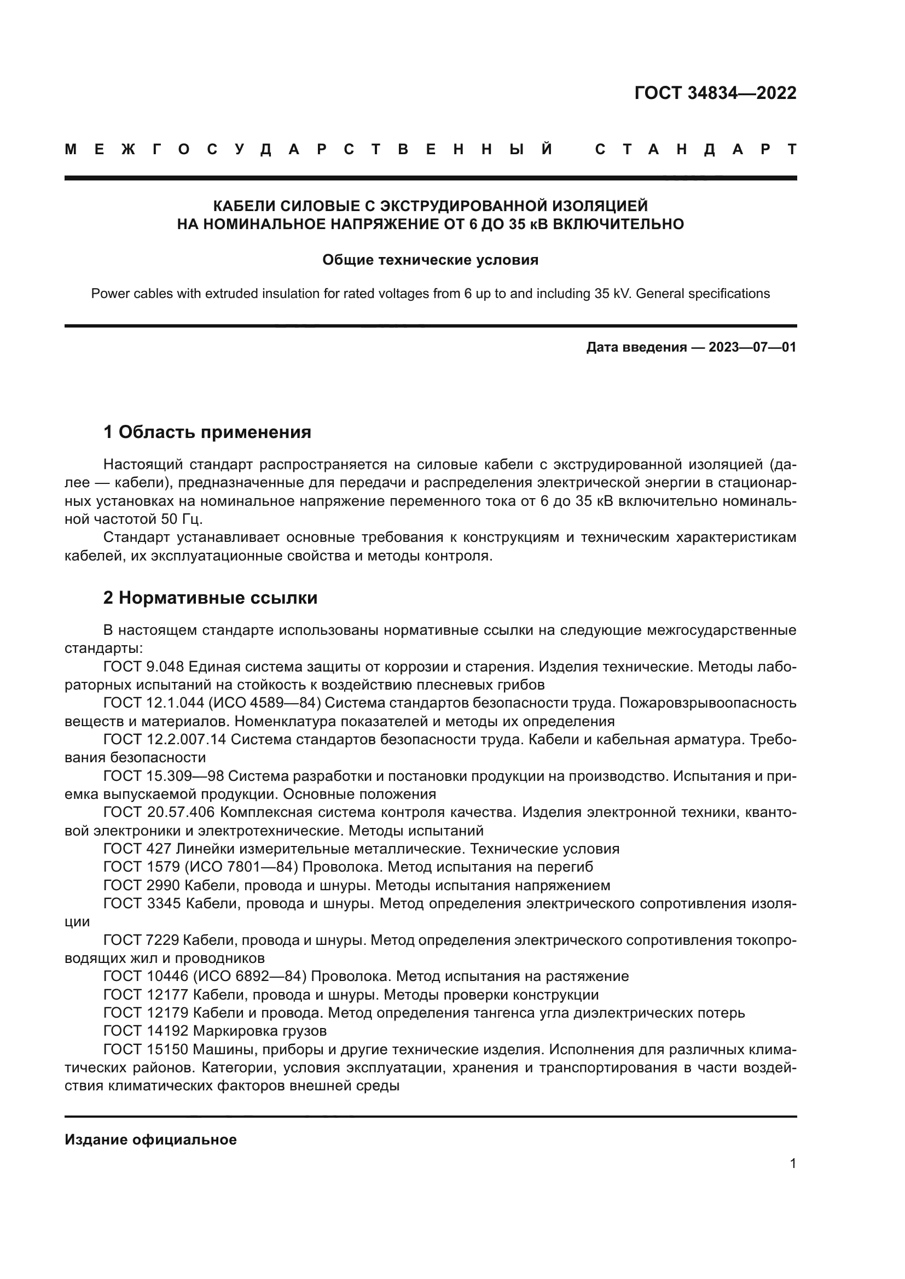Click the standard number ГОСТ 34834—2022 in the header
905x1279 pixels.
(x=715, y=93)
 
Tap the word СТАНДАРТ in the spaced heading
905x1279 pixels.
(x=695, y=149)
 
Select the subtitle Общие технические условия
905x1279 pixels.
(x=430, y=260)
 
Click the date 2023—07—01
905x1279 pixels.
(x=752, y=348)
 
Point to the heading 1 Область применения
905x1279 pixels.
(x=207, y=432)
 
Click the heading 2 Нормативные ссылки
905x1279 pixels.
(x=210, y=598)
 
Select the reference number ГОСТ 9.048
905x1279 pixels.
(x=144, y=666)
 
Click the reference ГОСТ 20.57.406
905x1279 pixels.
(x=159, y=812)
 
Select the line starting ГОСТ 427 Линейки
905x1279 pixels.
(x=361, y=849)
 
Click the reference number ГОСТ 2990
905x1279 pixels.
(x=142, y=885)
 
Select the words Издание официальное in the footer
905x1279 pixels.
(x=150, y=1140)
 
